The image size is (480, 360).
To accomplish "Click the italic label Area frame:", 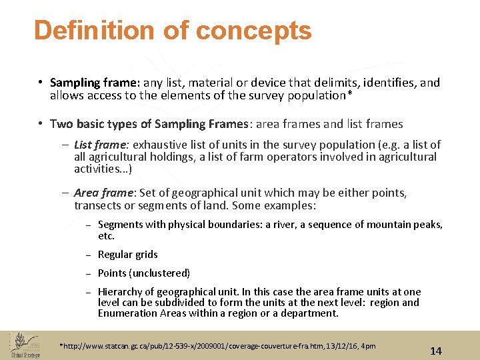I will tap(104, 193).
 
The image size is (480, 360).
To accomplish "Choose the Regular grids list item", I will tap(127, 254).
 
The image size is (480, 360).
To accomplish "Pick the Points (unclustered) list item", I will tap(143, 273).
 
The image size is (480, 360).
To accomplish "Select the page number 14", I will tap(436, 351).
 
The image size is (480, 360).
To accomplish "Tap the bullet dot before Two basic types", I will tap(41, 124).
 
